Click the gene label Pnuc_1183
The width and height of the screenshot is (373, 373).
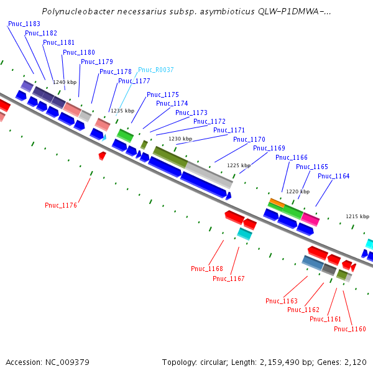point(24,24)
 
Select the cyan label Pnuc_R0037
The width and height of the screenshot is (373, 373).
point(156,70)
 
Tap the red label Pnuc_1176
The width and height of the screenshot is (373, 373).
point(61,205)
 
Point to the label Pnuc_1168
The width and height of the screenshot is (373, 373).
point(207,269)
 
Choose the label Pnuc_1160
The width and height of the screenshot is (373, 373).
point(350,329)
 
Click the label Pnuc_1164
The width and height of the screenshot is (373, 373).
point(334,176)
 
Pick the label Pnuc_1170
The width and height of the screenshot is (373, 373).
point(249,139)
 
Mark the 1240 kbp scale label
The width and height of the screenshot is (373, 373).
point(64,82)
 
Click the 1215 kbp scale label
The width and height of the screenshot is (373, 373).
point(357,216)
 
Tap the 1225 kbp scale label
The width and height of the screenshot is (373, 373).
point(239,165)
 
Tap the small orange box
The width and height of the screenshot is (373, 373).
point(277,203)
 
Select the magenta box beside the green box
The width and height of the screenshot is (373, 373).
point(310,219)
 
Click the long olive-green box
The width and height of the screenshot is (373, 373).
point(170,156)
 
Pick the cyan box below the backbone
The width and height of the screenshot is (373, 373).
point(245,234)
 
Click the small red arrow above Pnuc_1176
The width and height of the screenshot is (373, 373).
point(102,155)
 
